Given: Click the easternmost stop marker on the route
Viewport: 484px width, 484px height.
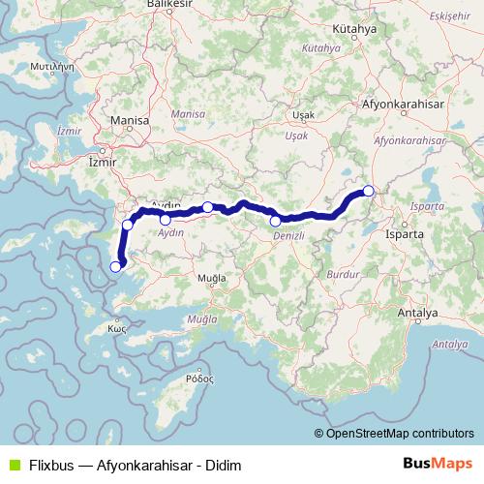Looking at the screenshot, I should (x=369, y=191).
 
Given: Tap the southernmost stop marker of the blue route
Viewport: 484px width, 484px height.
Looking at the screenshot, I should (x=116, y=267).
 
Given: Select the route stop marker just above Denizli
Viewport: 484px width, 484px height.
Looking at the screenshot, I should (x=276, y=221).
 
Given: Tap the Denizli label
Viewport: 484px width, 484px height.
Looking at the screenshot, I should (x=288, y=236).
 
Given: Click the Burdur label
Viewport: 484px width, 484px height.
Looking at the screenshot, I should (x=339, y=275).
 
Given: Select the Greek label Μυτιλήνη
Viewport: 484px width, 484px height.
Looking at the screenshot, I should (x=53, y=69).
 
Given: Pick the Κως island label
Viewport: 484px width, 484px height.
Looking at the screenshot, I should (x=118, y=328).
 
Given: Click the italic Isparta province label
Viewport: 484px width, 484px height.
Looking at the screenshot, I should (x=426, y=206).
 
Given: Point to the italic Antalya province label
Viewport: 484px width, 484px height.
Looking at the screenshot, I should (x=449, y=344).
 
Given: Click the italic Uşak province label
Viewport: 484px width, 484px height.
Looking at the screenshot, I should (x=295, y=136).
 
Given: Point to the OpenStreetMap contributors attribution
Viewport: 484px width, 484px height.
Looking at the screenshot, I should (x=401, y=433).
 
